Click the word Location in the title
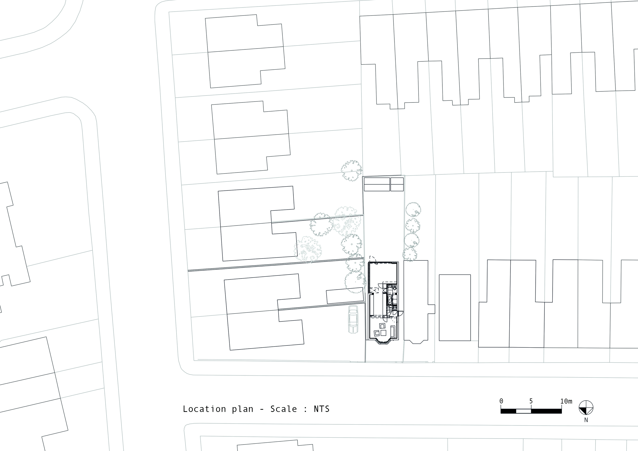coord(204,409)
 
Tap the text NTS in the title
coord(322,409)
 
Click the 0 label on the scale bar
coord(501,401)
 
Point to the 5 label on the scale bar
coord(531,401)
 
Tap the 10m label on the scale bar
coord(566,401)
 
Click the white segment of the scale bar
coord(524,411)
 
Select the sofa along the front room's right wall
coord(393,332)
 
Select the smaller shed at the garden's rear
coord(397,184)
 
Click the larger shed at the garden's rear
coord(377,184)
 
